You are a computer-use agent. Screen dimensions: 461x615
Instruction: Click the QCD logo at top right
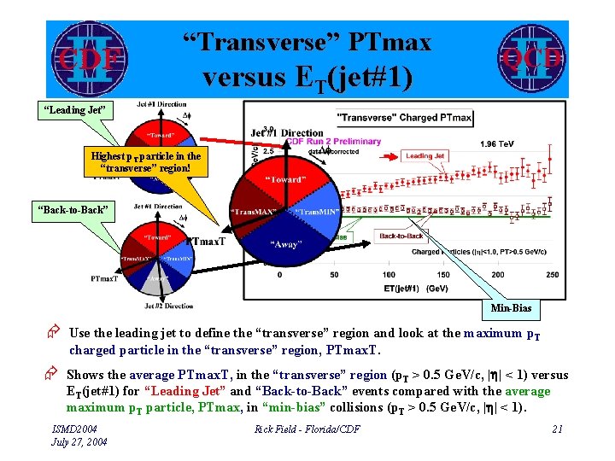(x=530, y=58)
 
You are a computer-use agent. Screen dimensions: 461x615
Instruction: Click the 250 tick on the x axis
(x=551, y=275)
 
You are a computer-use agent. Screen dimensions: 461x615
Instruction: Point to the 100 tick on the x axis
(x=389, y=275)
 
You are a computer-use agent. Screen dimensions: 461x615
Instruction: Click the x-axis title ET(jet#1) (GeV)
(x=415, y=288)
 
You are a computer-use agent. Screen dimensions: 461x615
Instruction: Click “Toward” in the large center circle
(x=286, y=178)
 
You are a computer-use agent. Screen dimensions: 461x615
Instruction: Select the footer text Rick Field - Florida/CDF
(x=307, y=429)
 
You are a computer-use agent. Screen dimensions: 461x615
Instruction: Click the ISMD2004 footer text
(x=75, y=429)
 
